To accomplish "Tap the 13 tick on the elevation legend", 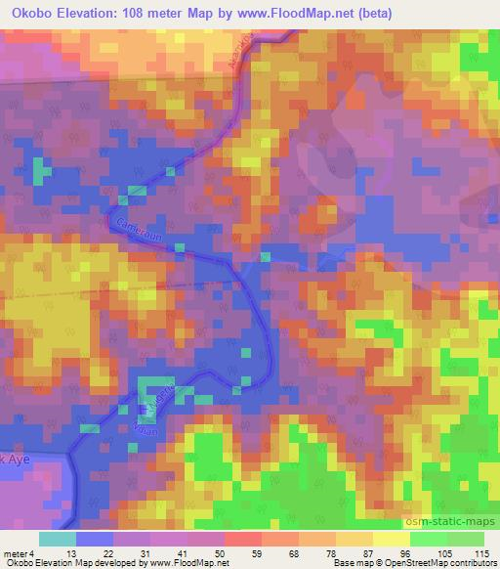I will pyautogui.click(x=71, y=552).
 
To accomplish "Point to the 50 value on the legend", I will pyautogui.click(x=225, y=552).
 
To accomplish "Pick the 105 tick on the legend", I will pyautogui.click(x=452, y=552).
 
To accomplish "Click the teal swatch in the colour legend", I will pyautogui.click(x=57, y=539).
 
